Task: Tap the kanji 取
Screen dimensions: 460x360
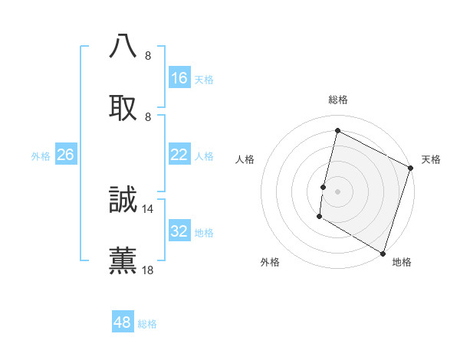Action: (x=123, y=108)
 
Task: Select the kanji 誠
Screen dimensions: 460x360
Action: (x=123, y=200)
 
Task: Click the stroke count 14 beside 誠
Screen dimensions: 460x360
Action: (x=148, y=208)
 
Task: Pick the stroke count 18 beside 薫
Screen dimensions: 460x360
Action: (x=148, y=270)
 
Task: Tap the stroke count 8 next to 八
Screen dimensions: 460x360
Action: (x=148, y=55)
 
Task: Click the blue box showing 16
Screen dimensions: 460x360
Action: (x=179, y=78)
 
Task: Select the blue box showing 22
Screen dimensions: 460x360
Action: (x=179, y=155)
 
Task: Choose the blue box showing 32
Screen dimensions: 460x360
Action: (x=179, y=231)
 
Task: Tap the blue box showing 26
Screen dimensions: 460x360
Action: (x=65, y=155)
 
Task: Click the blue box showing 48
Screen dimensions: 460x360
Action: (x=123, y=322)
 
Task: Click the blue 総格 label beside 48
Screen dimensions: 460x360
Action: (x=147, y=324)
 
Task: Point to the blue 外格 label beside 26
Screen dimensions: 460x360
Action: (x=41, y=156)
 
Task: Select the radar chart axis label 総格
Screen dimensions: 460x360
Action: (x=337, y=100)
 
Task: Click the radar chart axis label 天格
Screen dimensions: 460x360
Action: (x=431, y=159)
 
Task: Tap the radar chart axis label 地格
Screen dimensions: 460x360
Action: (x=402, y=263)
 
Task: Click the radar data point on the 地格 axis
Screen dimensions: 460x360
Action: (x=383, y=253)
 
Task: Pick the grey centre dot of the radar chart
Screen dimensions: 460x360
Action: (x=337, y=191)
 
